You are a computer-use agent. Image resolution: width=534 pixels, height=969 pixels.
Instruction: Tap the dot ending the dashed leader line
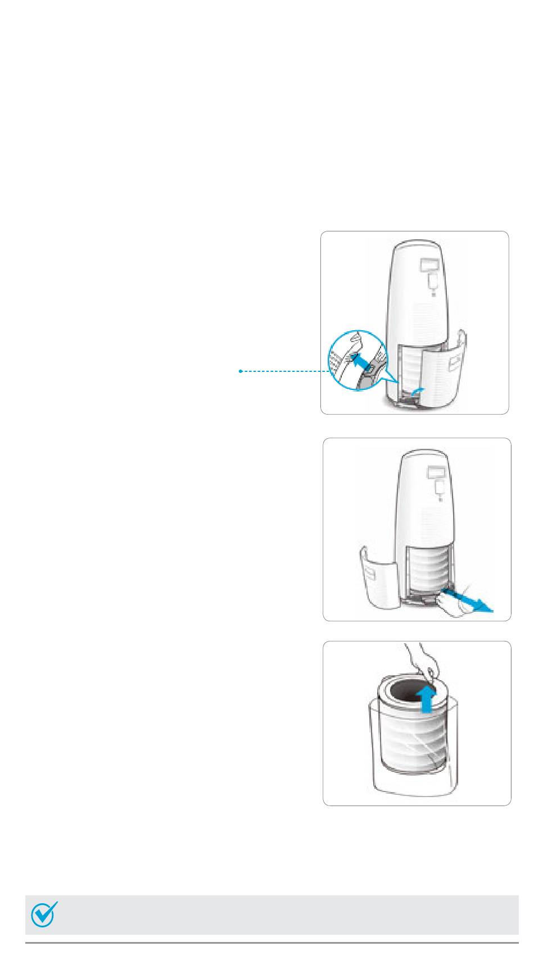[241, 371]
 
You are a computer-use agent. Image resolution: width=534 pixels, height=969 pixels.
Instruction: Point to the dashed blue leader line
[284, 371]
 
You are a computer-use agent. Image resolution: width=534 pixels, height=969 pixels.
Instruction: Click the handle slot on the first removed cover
[453, 365]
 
